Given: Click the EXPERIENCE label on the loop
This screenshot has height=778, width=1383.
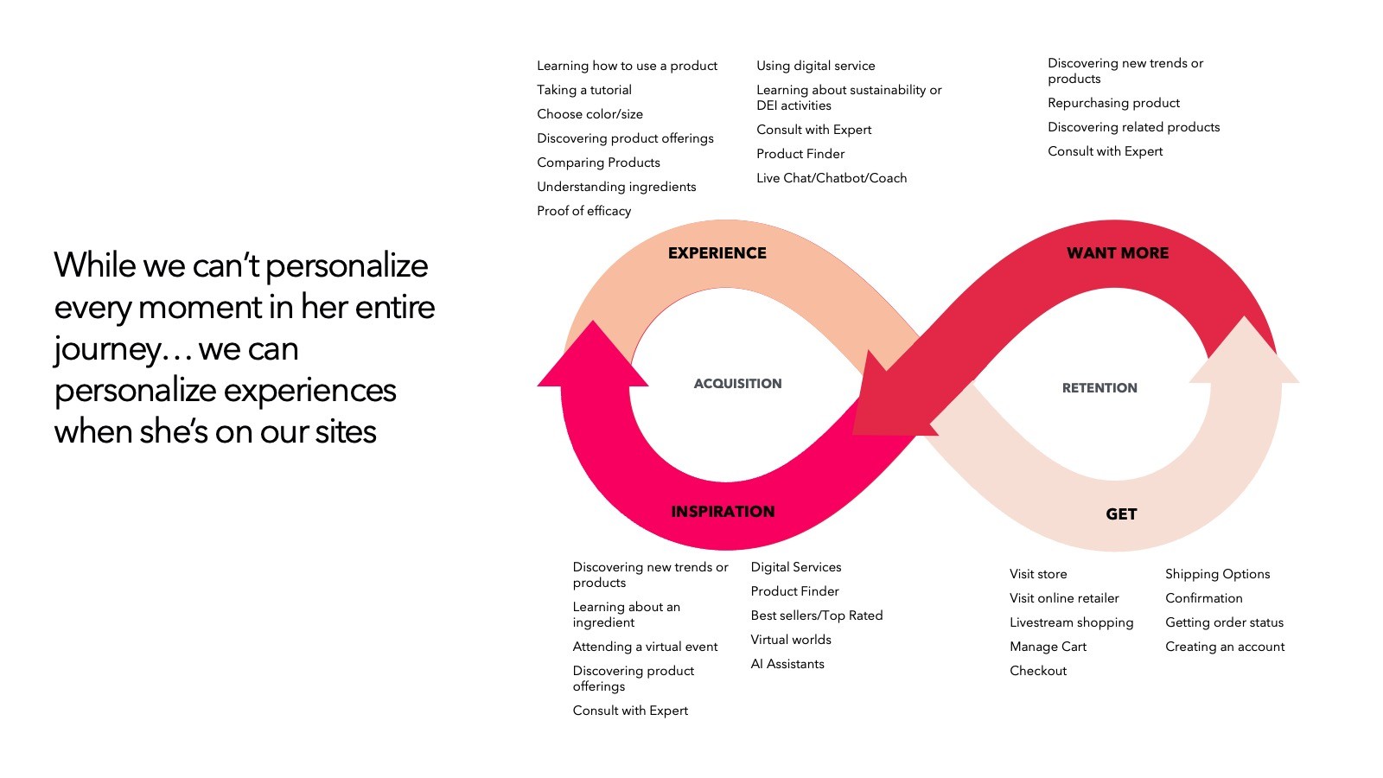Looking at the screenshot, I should coord(717,253).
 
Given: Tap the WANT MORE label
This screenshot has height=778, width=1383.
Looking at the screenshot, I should coord(1117,253).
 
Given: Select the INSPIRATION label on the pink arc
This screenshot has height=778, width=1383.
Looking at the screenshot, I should coord(723,512).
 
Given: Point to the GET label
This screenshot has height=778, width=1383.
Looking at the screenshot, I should coord(1121,514).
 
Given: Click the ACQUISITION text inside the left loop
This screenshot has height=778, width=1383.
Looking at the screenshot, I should coord(737,384).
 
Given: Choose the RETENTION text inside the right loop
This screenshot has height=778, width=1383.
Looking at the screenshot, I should coord(1099,388).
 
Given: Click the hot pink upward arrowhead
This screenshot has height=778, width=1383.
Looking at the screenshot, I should coord(593,359).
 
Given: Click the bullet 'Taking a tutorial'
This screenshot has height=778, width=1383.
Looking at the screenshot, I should coord(583,90).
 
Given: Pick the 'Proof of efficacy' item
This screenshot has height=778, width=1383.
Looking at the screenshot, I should coord(583,211).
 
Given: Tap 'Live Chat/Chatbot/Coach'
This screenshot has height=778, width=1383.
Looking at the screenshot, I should coord(832,178).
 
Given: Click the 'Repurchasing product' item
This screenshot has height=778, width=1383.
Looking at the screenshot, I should coord(1113,103).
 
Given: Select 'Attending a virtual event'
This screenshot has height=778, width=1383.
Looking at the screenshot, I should coord(645,647).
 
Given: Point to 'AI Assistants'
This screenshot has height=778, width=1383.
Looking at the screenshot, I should coord(787,664).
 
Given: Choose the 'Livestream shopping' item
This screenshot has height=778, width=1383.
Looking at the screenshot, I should coord(1071,622).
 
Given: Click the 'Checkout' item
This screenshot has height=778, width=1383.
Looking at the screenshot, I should coord(1038,671).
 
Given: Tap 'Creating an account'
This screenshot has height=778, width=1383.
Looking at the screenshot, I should coord(1225,647).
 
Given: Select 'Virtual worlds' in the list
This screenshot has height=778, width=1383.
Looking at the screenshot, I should coord(791,640).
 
